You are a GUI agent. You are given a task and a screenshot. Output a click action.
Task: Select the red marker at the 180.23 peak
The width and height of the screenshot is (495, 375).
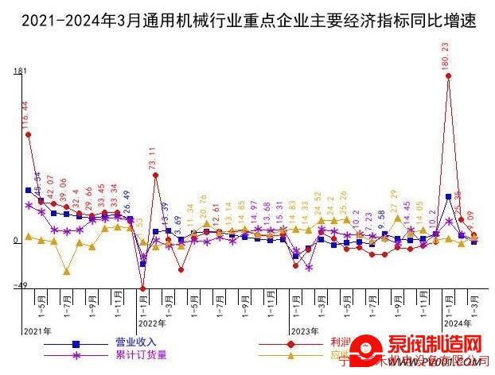(449, 76)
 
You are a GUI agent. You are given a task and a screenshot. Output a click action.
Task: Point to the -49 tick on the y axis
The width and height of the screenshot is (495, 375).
(19, 286)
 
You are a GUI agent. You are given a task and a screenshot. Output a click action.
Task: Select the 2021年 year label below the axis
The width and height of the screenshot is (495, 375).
(37, 330)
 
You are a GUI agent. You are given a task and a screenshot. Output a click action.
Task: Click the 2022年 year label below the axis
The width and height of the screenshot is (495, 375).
(152, 324)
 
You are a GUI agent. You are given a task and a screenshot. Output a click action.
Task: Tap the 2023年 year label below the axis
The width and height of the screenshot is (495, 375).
(305, 330)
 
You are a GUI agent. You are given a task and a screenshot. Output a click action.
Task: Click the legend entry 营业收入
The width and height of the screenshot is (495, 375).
(136, 342)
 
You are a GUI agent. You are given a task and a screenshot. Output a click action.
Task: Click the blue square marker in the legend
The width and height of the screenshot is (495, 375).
(76, 343)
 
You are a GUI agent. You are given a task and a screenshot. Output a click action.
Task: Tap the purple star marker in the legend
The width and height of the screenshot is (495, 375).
(76, 355)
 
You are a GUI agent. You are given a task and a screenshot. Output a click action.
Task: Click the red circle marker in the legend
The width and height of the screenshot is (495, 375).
(290, 343)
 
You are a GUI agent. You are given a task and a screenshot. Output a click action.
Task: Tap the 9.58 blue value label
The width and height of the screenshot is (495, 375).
(381, 220)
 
